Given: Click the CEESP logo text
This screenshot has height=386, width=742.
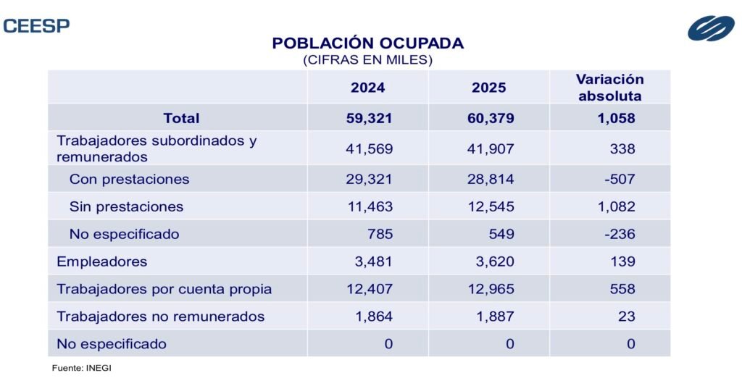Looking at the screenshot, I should click(36, 26).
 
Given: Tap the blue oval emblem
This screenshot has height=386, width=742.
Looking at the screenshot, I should click(711, 28).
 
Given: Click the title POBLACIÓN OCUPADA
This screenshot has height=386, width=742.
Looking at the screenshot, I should click(367, 43).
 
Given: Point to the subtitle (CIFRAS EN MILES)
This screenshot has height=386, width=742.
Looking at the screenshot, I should click(367, 60).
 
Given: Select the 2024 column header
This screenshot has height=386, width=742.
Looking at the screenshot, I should click(367, 88).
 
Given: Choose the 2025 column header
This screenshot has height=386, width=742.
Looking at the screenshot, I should click(488, 88).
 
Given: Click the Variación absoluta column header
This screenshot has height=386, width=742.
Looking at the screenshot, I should click(609, 87).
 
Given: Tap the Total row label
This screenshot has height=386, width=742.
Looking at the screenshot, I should click(181, 117).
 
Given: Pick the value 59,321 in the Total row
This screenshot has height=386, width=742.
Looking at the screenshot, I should click(369, 117).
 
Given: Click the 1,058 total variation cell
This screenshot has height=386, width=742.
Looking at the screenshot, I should click(614, 117).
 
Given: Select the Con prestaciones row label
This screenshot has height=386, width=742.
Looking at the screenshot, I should click(129, 179).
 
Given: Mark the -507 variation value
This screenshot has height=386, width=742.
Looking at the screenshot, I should click(619, 179).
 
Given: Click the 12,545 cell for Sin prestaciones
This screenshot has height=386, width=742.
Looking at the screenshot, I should click(491, 206).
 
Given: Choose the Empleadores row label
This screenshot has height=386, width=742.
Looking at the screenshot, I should click(102, 261).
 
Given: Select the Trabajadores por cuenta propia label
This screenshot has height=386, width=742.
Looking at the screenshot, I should click(164, 289).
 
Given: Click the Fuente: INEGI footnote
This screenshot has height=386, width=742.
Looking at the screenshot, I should click(81, 369).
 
